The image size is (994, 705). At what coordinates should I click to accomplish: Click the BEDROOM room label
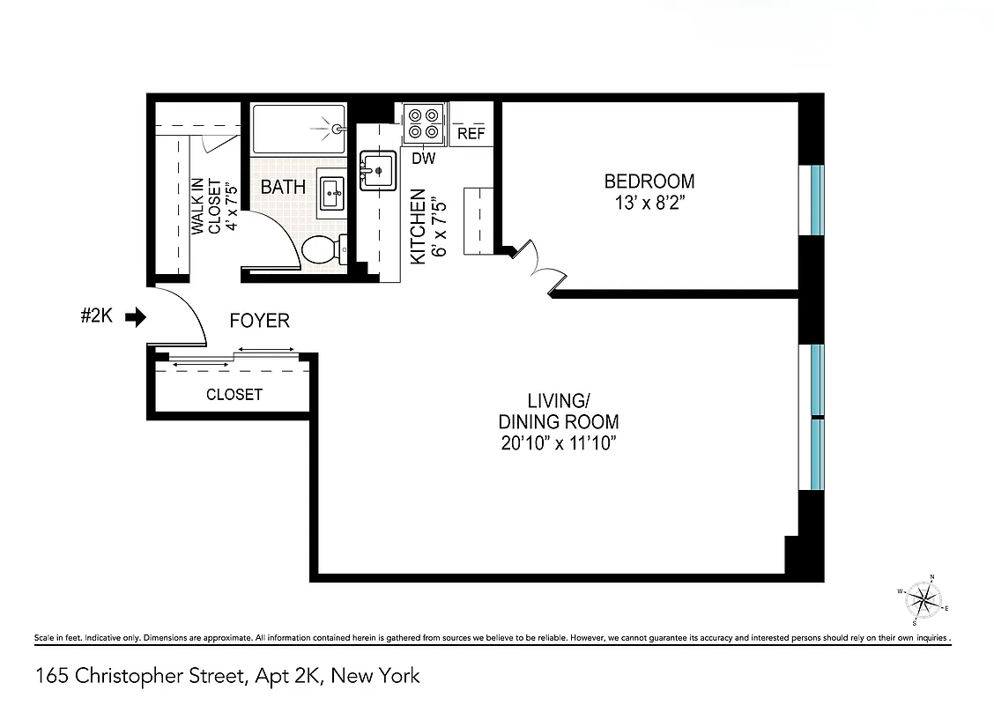click(x=649, y=182)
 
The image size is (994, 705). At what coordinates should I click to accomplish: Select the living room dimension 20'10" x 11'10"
click(x=558, y=443)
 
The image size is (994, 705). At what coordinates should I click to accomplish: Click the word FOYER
click(x=259, y=321)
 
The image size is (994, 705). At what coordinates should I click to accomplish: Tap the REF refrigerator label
click(x=471, y=134)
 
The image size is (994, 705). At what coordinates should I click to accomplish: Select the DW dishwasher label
click(x=424, y=159)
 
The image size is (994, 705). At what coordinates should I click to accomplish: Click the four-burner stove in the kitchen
click(x=423, y=124)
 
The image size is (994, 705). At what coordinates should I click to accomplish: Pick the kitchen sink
click(x=377, y=170)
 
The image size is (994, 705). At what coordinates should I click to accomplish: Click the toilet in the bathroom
click(x=322, y=250)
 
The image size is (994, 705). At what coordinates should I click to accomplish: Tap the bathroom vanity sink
click(x=332, y=191)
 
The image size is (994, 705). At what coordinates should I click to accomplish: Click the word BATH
click(x=283, y=187)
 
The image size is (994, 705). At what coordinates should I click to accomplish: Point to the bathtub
click(x=298, y=129)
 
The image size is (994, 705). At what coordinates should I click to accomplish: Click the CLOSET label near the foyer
click(x=234, y=395)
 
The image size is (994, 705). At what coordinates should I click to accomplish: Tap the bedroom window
click(x=817, y=200)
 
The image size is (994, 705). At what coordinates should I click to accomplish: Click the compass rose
click(x=923, y=602)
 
